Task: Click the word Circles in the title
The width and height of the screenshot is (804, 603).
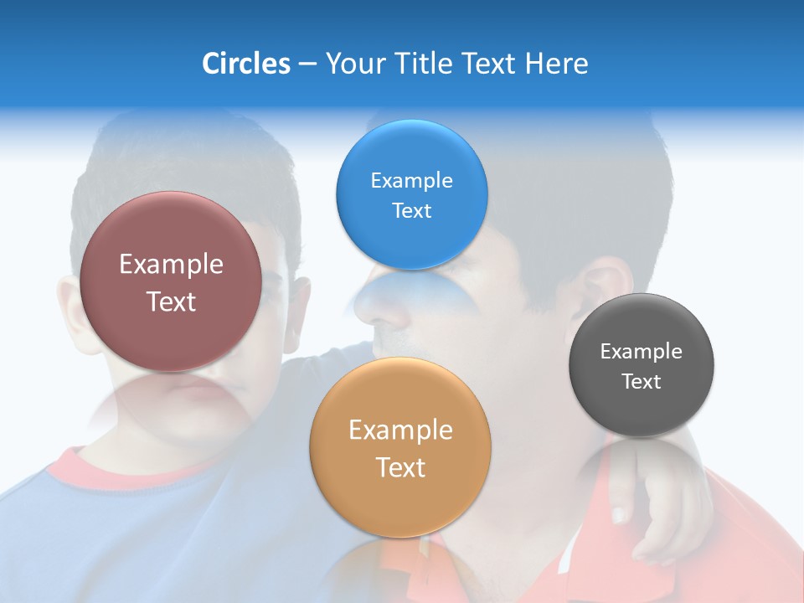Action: [245, 64]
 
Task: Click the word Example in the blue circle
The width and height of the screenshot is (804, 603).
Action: [411, 180]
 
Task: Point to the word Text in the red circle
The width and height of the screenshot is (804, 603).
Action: [171, 301]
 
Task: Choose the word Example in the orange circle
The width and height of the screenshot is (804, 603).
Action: [400, 430]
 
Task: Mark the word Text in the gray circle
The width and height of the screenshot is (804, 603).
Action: [642, 382]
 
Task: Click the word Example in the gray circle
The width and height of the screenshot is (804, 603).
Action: [642, 351]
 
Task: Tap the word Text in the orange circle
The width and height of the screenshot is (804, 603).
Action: [400, 467]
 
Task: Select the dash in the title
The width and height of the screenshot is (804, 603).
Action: [307, 64]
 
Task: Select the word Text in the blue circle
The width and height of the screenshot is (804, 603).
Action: [411, 210]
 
